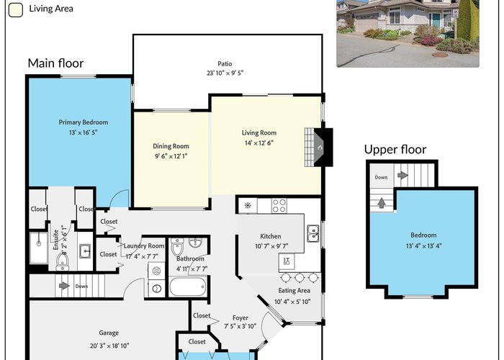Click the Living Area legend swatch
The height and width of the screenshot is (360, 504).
pos(15,9)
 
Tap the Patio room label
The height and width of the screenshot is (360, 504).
pos(225,63)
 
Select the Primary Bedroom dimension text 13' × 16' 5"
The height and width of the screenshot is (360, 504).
pos(83,132)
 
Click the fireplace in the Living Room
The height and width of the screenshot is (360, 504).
pos(318,147)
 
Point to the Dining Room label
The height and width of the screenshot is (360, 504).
pos(171,146)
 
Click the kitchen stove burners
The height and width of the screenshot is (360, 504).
pos(279,206)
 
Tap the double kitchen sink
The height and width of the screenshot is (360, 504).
pos(313,233)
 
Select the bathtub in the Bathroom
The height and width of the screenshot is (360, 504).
pos(188,287)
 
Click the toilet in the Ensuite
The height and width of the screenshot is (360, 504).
pos(63,261)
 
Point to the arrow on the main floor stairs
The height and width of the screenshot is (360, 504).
pos(64,285)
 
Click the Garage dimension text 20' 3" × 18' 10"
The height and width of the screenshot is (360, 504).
pos(109,346)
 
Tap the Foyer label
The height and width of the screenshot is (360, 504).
pos(240,318)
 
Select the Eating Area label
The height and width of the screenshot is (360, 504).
pos(294,291)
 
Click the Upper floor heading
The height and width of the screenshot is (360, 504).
pos(395,150)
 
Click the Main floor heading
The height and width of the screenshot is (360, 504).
pos(55,63)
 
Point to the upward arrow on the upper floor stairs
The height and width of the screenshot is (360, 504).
pos(382,203)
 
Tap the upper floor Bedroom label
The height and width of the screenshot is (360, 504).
pos(423,235)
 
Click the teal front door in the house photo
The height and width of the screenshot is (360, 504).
pos(436,20)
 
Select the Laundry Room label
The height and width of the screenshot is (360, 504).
pos(144,246)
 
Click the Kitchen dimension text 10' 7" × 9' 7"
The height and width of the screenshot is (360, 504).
pos(271,246)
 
